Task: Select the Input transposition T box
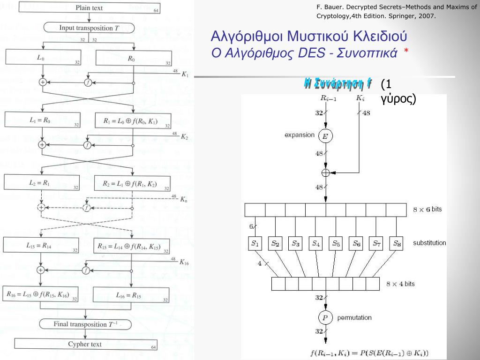(x=89, y=28)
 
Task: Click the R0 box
(x=133, y=59)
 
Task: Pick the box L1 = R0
(x=43, y=120)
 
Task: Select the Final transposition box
(x=85, y=324)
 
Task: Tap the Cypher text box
(x=85, y=345)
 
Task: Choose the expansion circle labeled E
(x=325, y=136)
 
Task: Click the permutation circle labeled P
(x=325, y=318)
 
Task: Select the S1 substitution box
(x=255, y=243)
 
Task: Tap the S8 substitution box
(x=397, y=243)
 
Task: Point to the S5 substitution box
(x=336, y=243)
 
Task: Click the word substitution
(x=429, y=243)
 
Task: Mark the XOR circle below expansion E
(x=325, y=172)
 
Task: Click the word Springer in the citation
(x=404, y=16)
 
